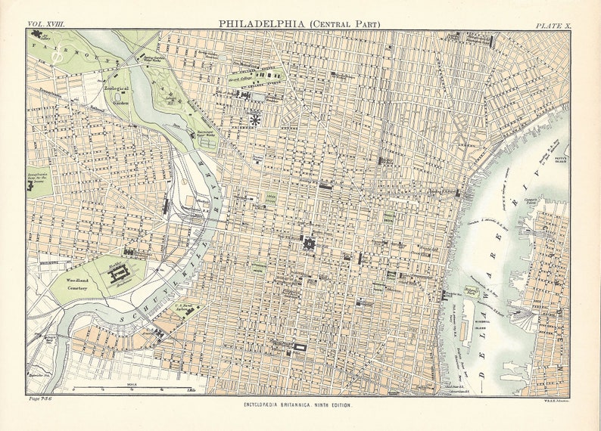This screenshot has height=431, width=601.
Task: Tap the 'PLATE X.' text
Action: pos(553,25)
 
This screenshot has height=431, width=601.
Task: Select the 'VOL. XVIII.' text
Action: pos(46,24)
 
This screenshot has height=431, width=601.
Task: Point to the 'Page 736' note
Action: pos(39,398)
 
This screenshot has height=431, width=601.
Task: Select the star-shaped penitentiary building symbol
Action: pos(256,120)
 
